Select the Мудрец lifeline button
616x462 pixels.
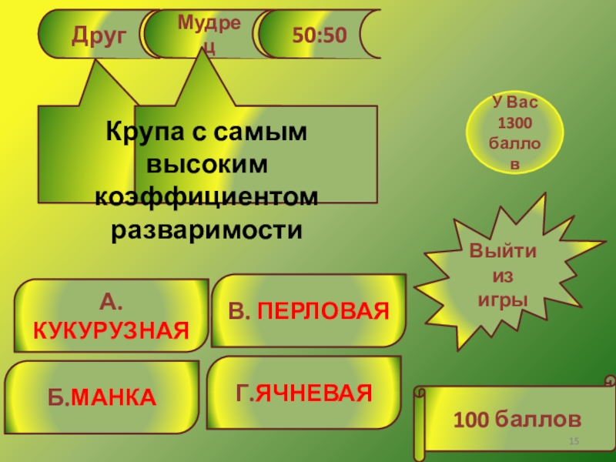(202, 34)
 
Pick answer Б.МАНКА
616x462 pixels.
(102, 397)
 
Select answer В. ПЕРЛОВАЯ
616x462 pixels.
(308, 311)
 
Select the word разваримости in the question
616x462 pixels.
(206, 229)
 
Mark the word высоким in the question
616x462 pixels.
(206, 165)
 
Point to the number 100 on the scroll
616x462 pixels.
(470, 420)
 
